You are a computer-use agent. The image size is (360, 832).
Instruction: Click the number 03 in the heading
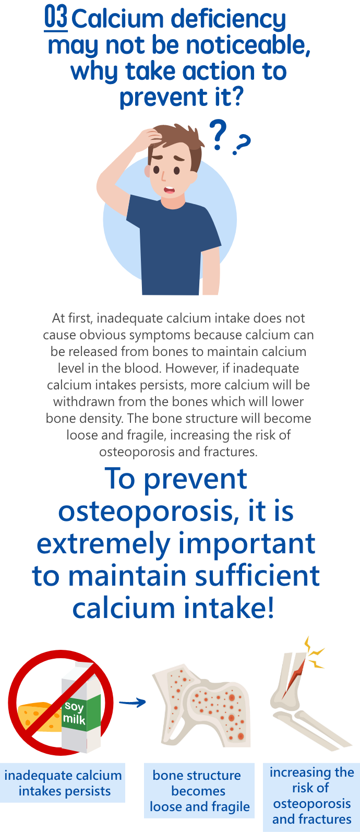(x=56, y=17)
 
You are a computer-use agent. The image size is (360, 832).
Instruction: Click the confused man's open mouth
(x=169, y=189)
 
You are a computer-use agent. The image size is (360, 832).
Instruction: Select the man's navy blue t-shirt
(x=173, y=245)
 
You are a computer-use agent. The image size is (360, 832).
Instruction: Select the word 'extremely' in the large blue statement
(x=103, y=545)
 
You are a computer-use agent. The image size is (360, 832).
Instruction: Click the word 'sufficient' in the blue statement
(x=257, y=575)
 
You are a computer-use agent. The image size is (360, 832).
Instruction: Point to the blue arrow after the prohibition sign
(x=133, y=703)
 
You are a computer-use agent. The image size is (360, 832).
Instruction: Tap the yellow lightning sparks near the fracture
(x=314, y=652)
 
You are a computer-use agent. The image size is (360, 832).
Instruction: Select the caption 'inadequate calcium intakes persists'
(x=63, y=783)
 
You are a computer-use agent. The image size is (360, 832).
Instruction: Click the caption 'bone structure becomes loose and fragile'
(x=199, y=791)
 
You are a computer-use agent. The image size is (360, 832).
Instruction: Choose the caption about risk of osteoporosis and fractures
(x=312, y=795)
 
